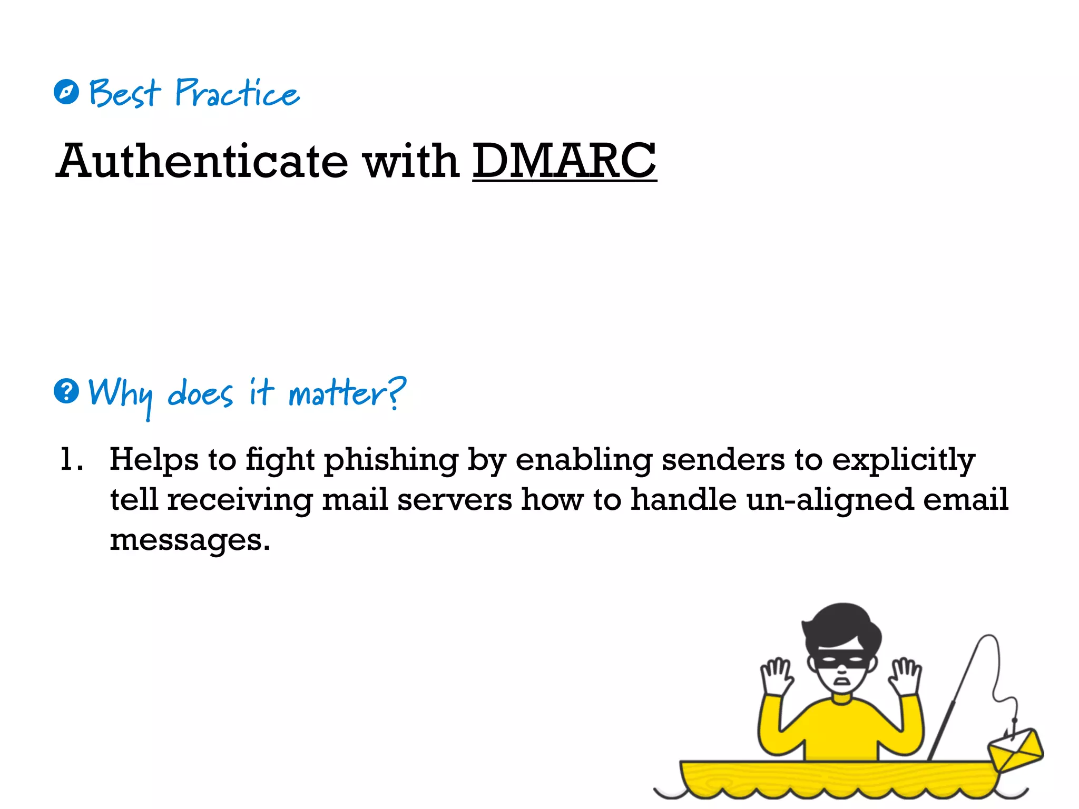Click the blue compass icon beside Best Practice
tap(66, 92)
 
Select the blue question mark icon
tap(66, 391)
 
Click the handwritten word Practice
tap(237, 93)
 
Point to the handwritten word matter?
tap(347, 393)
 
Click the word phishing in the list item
tap(391, 460)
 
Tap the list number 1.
tap(70, 459)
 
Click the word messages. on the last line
tap(190, 540)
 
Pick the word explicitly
tap(904, 460)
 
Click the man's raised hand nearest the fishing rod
tap(905, 676)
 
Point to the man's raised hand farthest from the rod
tap(777, 677)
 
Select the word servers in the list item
tap(454, 499)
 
